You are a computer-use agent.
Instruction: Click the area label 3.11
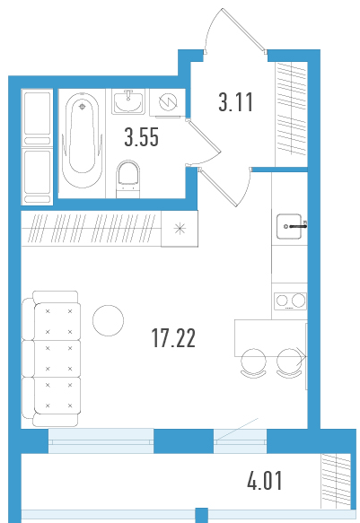pyautogui.click(x=236, y=102)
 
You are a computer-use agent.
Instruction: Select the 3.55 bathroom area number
pyautogui.click(x=142, y=137)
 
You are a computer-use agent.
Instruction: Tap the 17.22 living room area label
pyautogui.click(x=173, y=338)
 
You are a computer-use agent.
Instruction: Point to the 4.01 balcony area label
pyautogui.click(x=265, y=481)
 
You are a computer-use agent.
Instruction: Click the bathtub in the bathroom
pyautogui.click(x=82, y=141)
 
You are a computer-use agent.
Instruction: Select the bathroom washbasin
pyautogui.click(x=128, y=101)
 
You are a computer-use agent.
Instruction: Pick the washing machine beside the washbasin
pyautogui.click(x=168, y=102)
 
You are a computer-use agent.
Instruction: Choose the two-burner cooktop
pyautogui.click(x=290, y=301)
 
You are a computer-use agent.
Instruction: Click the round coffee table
pyautogui.click(x=108, y=320)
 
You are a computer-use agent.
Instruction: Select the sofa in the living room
pyautogui.click(x=51, y=358)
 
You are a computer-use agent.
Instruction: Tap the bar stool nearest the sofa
pyautogui.click(x=253, y=363)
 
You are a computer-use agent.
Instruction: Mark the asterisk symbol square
pyautogui.click(x=180, y=229)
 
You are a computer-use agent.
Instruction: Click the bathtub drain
pyautogui.click(x=83, y=107)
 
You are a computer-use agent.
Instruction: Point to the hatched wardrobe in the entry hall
pyautogui.click(x=291, y=114)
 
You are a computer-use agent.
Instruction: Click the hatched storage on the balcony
pyautogui.click(x=336, y=481)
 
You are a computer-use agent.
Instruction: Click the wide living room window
pyautogui.click(x=101, y=441)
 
